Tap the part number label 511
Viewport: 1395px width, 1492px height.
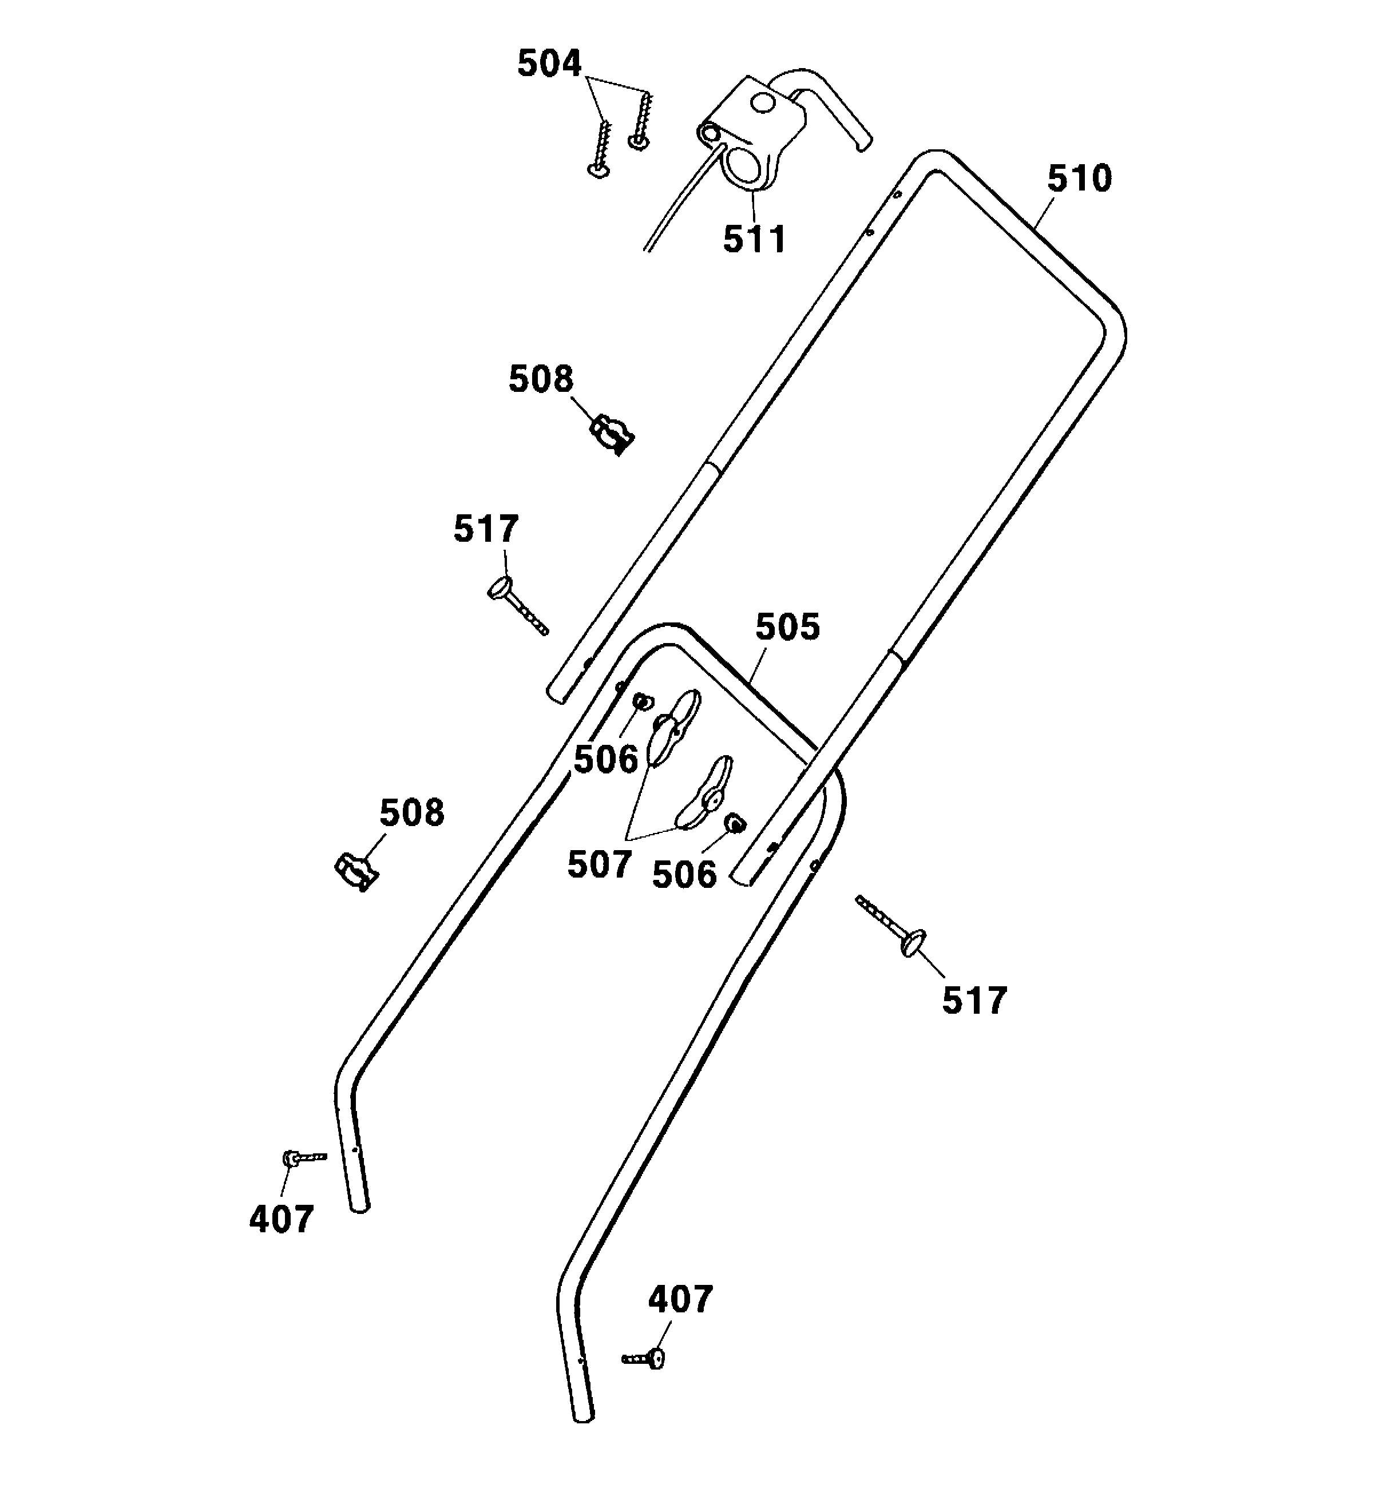click(754, 239)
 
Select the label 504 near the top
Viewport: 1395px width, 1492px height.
click(549, 64)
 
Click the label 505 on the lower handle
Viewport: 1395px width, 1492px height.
click(787, 626)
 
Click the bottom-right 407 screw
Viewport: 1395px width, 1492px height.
click(645, 1357)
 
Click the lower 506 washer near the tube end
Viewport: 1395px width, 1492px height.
click(734, 823)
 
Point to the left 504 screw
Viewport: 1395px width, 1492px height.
click(603, 146)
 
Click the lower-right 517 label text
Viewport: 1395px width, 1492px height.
click(974, 1001)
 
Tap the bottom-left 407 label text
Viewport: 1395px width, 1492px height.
click(281, 1220)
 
